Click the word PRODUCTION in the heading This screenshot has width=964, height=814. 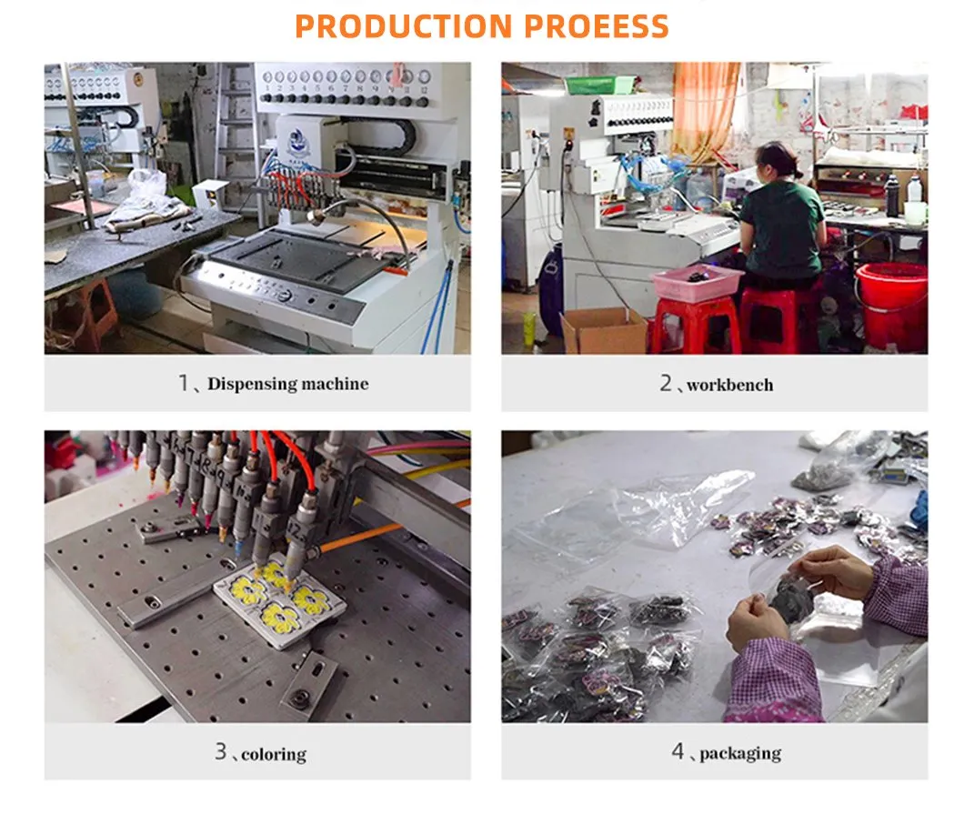tap(403, 25)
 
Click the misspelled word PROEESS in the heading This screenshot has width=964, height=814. tap(597, 25)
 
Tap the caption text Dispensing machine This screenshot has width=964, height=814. tap(287, 384)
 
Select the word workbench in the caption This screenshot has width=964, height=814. tap(729, 385)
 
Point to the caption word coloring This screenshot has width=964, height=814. tap(274, 754)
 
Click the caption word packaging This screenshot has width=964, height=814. tap(740, 753)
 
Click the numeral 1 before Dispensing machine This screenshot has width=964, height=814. tap(183, 383)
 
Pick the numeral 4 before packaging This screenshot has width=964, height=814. tap(678, 750)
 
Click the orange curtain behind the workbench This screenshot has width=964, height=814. tap(705, 111)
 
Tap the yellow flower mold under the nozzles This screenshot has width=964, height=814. tap(279, 598)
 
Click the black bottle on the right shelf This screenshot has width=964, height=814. tap(892, 196)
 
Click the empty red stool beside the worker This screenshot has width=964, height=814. tap(696, 325)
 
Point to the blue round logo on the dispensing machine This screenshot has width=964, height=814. tap(297, 141)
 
